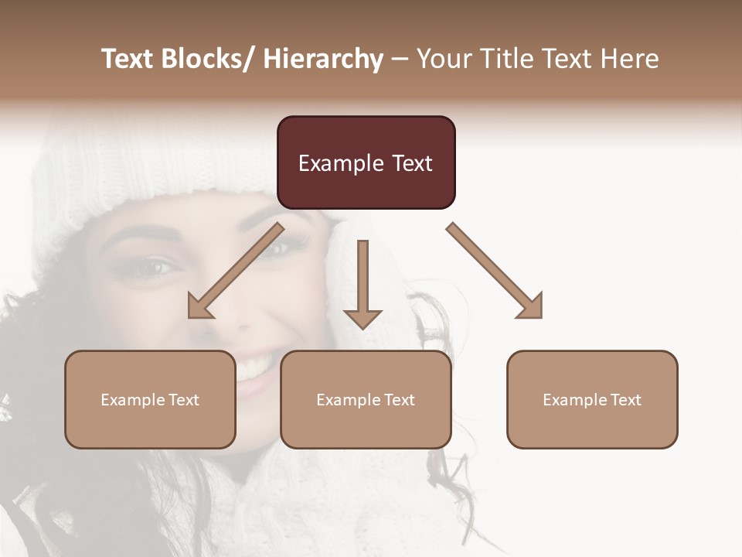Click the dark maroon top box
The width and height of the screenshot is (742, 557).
tap(366, 162)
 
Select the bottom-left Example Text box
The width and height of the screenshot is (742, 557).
tap(150, 399)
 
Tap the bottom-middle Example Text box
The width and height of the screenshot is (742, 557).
tap(366, 399)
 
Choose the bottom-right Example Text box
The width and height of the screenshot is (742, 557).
tap(592, 399)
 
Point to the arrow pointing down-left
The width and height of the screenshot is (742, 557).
tap(236, 271)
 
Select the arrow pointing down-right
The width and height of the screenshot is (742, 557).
tap(495, 271)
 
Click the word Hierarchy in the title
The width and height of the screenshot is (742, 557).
tap(323, 59)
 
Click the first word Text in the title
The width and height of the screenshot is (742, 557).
tap(128, 59)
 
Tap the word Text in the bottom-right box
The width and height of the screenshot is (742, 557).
tap(625, 399)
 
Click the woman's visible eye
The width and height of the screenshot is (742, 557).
tap(155, 269)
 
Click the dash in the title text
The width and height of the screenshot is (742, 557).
tap(400, 59)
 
